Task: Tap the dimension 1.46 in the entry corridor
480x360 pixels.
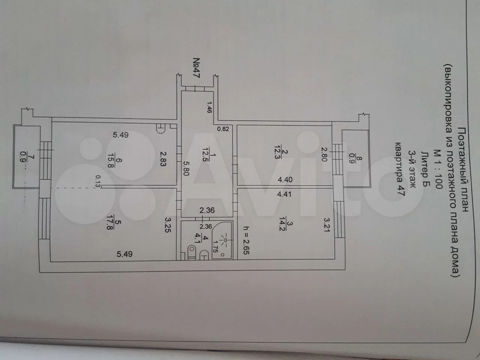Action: tap(209, 107)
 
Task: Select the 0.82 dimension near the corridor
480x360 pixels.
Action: tap(223, 129)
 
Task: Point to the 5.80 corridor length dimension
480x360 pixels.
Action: tap(186, 168)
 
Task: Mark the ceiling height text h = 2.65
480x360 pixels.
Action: tap(246, 240)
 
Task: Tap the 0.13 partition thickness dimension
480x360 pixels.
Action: tap(98, 181)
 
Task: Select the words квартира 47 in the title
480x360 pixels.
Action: tap(400, 169)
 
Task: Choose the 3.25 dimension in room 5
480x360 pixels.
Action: tap(168, 225)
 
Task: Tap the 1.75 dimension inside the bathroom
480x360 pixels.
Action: tap(215, 246)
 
